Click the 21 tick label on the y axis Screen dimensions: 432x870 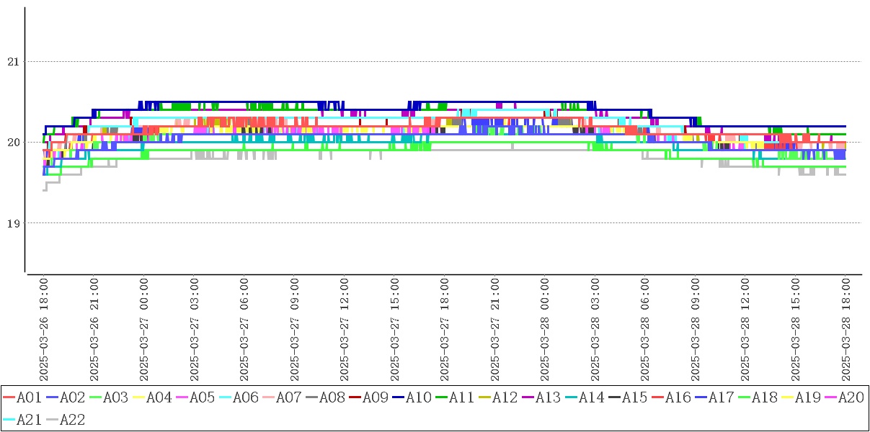click(x=12, y=62)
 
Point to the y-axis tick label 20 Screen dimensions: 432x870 click(x=12, y=143)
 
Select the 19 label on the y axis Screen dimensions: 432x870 click(x=12, y=223)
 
